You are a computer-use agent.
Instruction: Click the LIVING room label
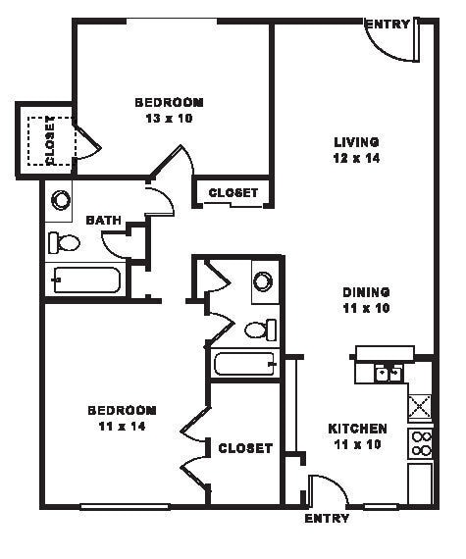[355, 142]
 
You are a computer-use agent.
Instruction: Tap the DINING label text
[366, 291]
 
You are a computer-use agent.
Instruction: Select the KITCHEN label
[357, 429]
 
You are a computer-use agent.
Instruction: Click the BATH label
[104, 221]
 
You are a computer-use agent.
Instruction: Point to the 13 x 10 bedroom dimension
[169, 118]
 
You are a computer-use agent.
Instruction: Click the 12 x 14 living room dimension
[355, 158]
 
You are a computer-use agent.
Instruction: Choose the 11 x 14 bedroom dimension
[122, 425]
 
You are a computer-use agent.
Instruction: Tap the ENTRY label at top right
[387, 24]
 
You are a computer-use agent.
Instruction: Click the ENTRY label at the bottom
[327, 518]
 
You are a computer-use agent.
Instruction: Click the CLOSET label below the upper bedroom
[233, 193]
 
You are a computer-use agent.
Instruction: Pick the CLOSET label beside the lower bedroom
[244, 448]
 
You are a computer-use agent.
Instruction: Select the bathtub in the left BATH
[85, 280]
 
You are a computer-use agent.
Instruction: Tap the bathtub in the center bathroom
[245, 365]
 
